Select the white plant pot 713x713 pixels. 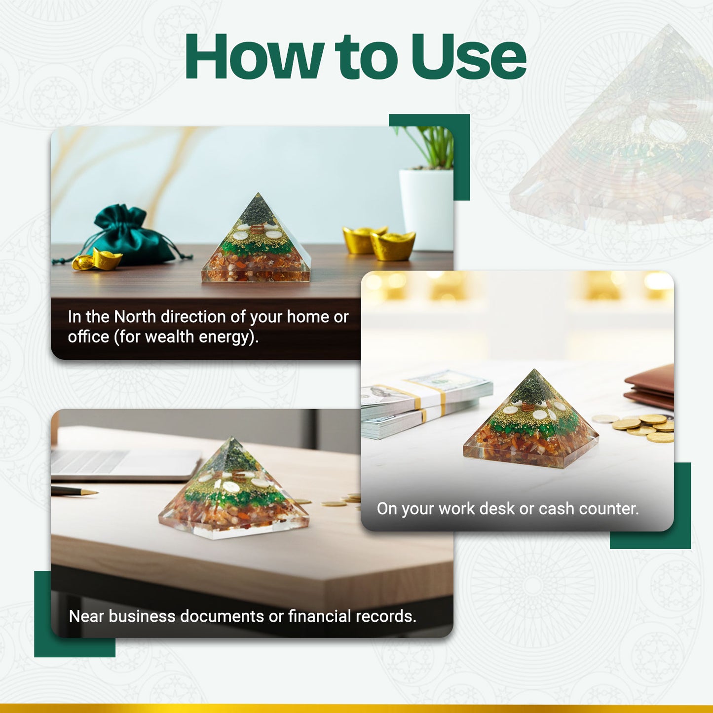[426, 207]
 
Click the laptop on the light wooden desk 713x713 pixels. [123, 464]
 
